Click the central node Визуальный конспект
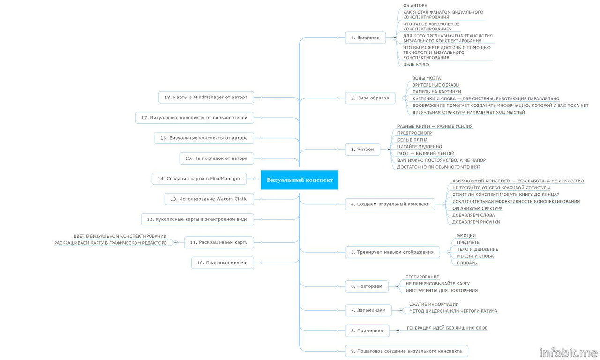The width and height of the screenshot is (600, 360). pyautogui.click(x=300, y=180)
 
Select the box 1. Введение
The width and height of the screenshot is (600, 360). pyautogui.click(x=368, y=37)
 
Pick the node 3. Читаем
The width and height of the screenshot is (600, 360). pyautogui.click(x=362, y=150)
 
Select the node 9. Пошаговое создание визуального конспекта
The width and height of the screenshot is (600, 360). pyautogui.click(x=406, y=351)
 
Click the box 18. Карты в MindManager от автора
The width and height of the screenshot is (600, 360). pyautogui.click(x=206, y=97)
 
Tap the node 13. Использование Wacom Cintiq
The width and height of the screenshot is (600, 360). pyautogui.click(x=209, y=199)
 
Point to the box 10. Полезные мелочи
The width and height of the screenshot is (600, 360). pyautogui.click(x=222, y=263)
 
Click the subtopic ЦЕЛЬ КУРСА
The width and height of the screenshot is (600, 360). pyautogui.click(x=416, y=65)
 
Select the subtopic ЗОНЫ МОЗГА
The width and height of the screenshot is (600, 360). pyautogui.click(x=427, y=78)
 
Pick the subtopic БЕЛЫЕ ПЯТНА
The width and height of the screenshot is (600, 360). pyautogui.click(x=412, y=140)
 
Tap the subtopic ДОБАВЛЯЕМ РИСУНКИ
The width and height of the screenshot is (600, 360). pyautogui.click(x=476, y=222)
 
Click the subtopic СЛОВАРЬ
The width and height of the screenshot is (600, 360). pyautogui.click(x=467, y=263)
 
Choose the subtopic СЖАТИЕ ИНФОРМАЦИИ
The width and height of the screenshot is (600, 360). pyautogui.click(x=434, y=304)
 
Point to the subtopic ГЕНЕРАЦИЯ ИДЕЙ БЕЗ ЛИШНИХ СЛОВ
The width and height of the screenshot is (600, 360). pyautogui.click(x=447, y=328)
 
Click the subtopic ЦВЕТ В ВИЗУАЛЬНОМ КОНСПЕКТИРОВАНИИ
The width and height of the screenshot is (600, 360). pyautogui.click(x=120, y=236)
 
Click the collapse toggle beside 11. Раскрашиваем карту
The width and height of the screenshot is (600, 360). pyautogui.click(x=175, y=243)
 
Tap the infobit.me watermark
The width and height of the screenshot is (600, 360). pyautogui.click(x=569, y=352)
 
